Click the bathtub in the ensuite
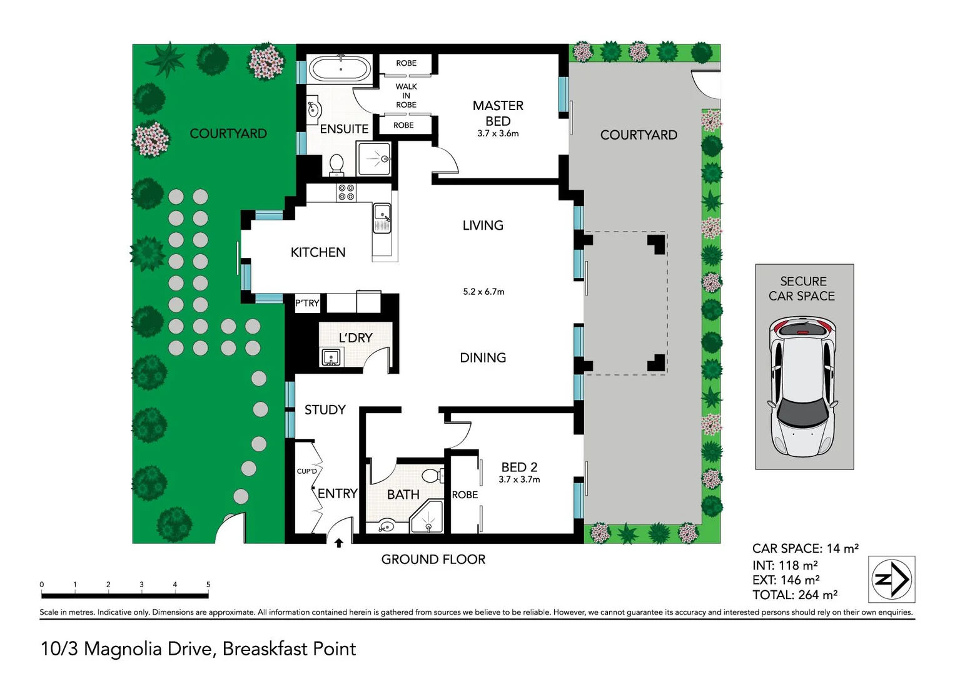341,69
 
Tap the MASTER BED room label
498,113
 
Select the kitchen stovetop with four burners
346,192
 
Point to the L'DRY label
355,338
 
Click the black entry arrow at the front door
339,543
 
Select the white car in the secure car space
803,387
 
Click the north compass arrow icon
892,579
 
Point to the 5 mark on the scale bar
208,585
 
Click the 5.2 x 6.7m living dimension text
483,292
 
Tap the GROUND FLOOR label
433,560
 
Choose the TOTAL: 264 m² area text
794,595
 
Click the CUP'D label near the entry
306,471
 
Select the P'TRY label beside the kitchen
307,304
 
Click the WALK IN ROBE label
406,96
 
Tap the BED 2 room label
519,467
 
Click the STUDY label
325,410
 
